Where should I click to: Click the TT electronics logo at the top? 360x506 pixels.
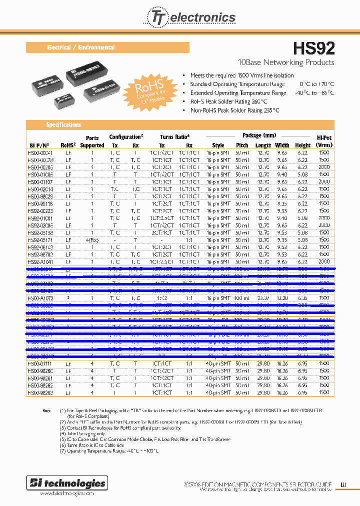click(x=190, y=18)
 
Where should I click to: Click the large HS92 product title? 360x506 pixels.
click(x=313, y=48)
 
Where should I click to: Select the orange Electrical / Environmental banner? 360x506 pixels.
click(x=107, y=47)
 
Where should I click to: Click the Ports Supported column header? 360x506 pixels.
click(x=92, y=141)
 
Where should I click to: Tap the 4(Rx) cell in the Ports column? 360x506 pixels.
click(x=92, y=240)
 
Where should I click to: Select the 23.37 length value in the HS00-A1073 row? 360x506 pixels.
click(x=263, y=298)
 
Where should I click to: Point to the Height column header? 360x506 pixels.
click(x=303, y=145)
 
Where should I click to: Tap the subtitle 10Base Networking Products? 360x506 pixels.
click(x=286, y=62)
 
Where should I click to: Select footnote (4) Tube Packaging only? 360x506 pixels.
click(x=82, y=433)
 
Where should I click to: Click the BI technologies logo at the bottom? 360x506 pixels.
click(x=66, y=483)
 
